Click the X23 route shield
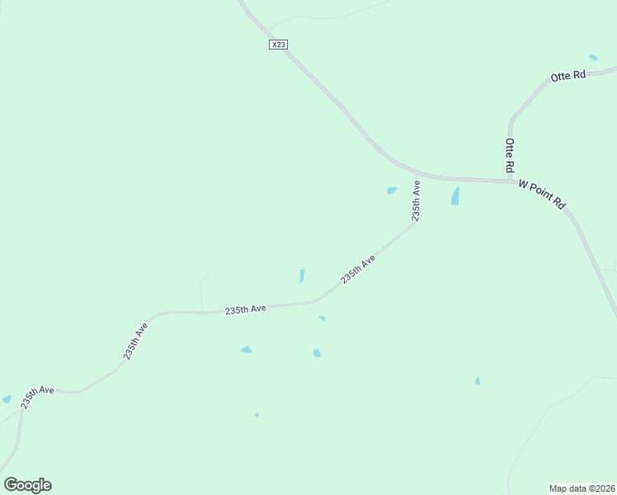click(278, 45)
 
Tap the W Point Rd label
click(541, 194)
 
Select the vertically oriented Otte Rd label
click(510, 154)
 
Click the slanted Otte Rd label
click(568, 75)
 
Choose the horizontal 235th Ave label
click(246, 309)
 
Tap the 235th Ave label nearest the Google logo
click(37, 397)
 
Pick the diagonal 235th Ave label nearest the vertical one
click(358, 270)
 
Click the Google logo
click(28, 485)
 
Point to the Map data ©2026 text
click(582, 488)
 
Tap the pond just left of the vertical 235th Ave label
click(392, 191)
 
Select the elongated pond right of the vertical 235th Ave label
click(455, 196)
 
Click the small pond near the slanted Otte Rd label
click(593, 57)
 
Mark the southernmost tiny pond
click(257, 415)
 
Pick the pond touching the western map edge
click(7, 399)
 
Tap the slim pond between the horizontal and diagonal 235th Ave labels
click(302, 276)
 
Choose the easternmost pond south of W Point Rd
click(477, 380)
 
